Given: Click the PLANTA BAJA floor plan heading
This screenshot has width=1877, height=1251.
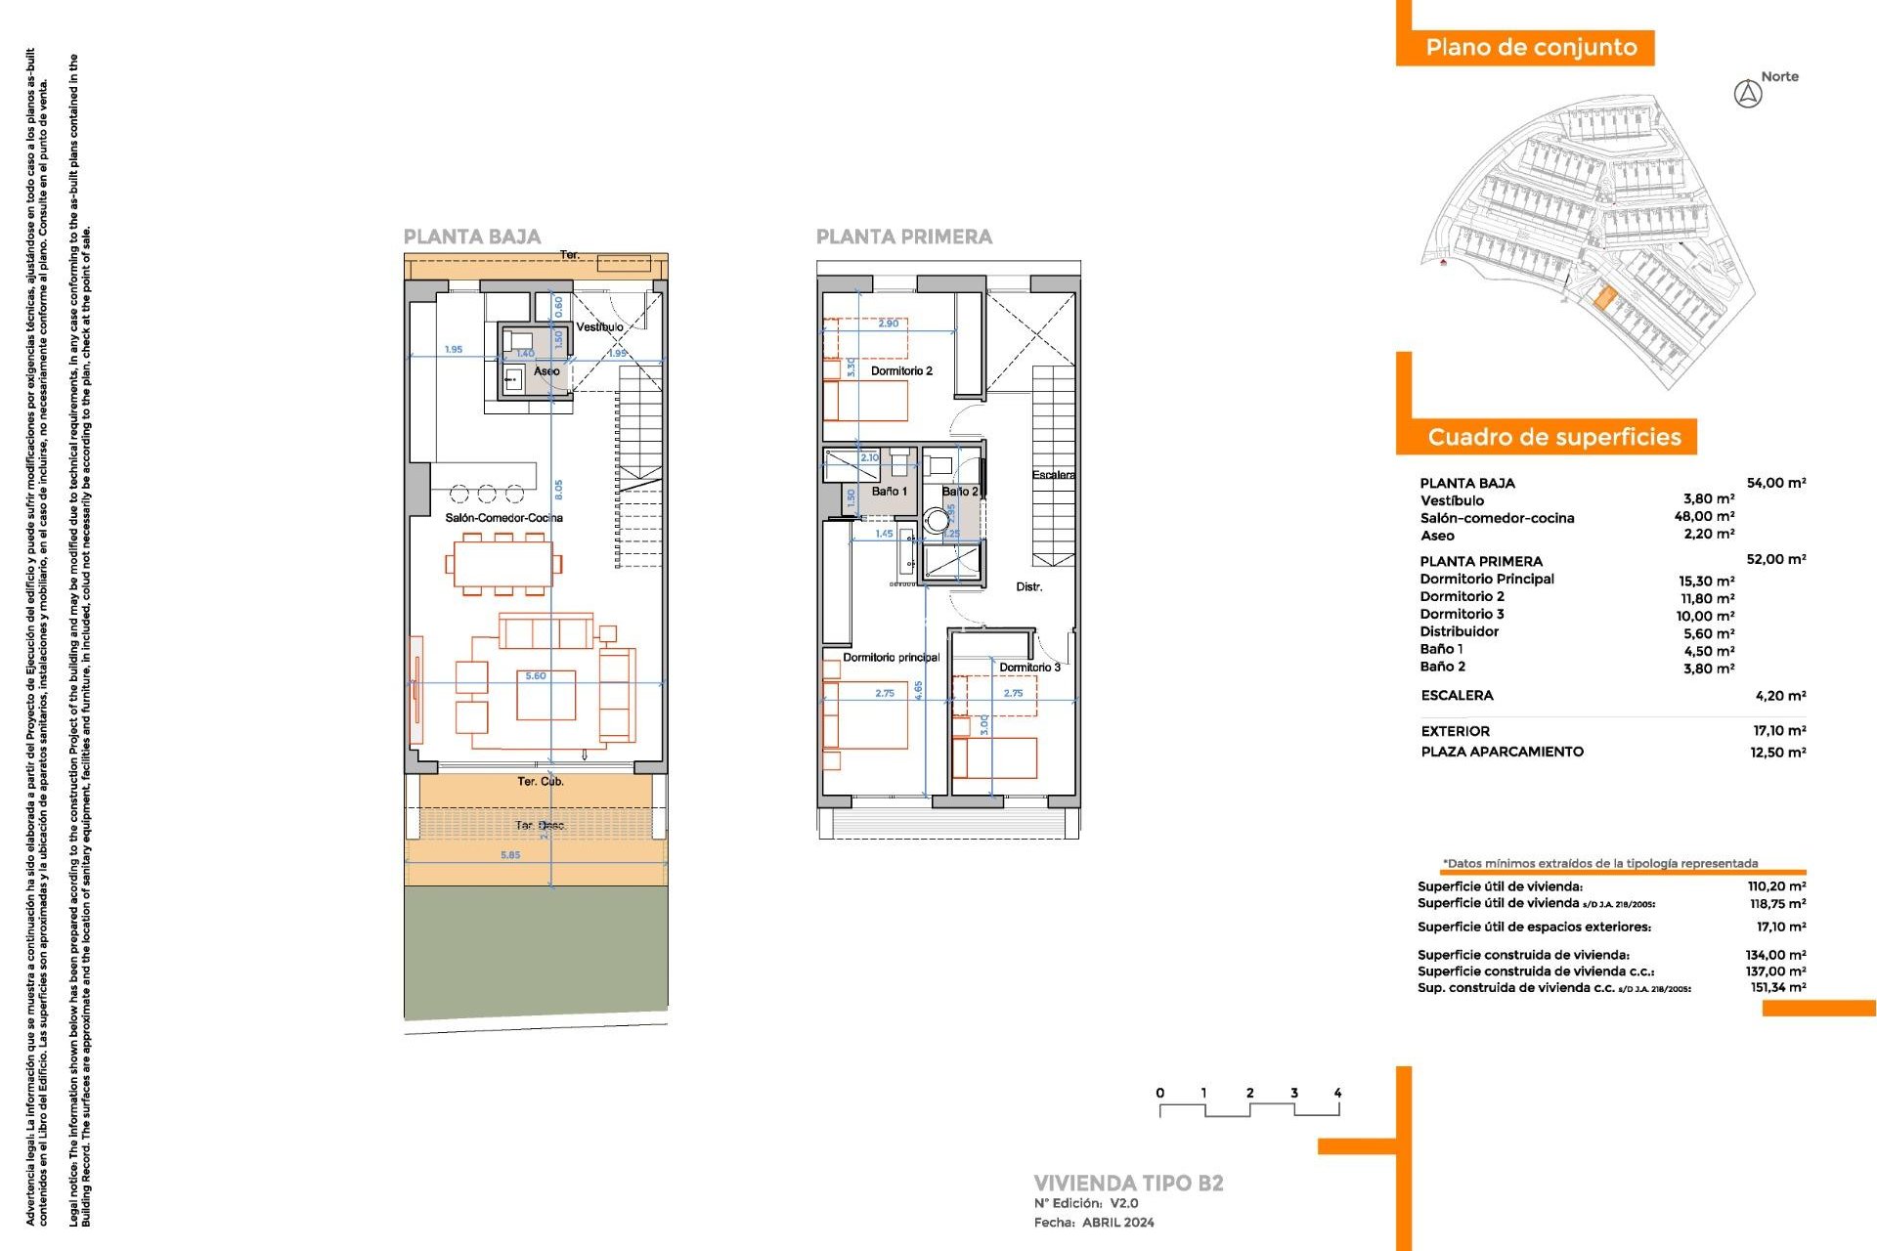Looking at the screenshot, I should point(471,237).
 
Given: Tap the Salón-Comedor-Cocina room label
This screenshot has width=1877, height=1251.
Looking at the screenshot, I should point(503,518).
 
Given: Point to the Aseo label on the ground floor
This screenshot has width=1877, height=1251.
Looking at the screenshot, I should point(546,371).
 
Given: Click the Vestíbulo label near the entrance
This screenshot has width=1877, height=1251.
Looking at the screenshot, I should point(599,327).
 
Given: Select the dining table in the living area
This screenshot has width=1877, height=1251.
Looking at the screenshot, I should point(502,564).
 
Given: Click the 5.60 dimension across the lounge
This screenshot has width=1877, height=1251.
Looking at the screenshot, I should point(536,676).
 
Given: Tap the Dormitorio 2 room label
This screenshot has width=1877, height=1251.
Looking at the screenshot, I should point(901,371).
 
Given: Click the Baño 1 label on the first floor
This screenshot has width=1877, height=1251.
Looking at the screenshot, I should point(890,492).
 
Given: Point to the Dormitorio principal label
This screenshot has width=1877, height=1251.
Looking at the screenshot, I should point(891,658).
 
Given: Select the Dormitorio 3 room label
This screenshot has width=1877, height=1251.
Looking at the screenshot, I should point(1029,668).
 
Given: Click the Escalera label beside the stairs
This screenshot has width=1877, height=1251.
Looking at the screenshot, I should point(1053,475).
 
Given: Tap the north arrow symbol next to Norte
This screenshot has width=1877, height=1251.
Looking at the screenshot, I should point(1748,95).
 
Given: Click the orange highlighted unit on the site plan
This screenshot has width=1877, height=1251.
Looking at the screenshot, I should point(1603,298).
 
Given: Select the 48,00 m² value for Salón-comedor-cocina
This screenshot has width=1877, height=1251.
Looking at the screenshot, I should point(1704,517).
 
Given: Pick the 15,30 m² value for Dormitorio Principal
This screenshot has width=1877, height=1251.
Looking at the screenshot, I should point(1706,581).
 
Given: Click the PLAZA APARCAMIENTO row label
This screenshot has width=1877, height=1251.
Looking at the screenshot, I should point(1502,752).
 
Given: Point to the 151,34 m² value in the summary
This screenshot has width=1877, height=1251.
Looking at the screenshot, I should point(1777,988).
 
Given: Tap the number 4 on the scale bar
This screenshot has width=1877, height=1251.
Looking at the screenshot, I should point(1337,1094).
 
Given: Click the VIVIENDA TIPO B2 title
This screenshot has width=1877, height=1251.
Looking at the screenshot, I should point(1128,1184).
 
